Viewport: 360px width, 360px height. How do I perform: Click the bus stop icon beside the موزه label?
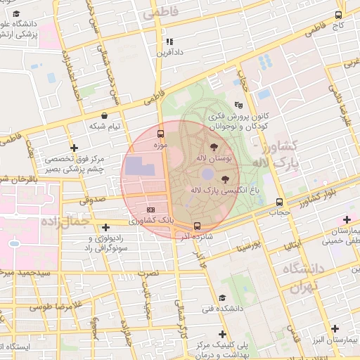click(x=161, y=134)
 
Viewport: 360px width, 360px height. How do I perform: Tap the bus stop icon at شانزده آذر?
click(x=197, y=226)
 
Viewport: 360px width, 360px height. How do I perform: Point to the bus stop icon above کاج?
click(x=339, y=15)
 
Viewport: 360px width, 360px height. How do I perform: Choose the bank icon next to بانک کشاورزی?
click(x=150, y=210)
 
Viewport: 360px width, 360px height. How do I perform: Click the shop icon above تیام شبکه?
click(x=105, y=115)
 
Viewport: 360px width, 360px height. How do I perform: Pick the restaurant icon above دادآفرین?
click(x=169, y=41)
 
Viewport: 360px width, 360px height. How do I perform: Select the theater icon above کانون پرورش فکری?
click(x=238, y=105)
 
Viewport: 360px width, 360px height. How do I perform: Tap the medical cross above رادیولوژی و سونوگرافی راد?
click(x=105, y=227)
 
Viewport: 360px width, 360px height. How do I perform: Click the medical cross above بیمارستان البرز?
click(x=335, y=328)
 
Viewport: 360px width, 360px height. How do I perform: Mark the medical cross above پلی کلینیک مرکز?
click(x=223, y=334)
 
